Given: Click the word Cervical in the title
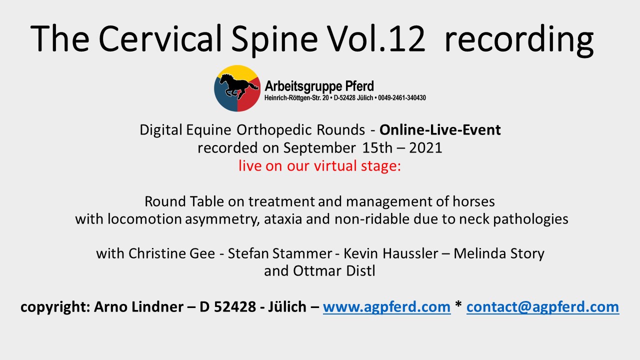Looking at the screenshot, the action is (160, 38).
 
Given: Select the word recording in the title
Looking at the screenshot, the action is (519, 41).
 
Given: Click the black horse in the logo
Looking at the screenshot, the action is (238, 86).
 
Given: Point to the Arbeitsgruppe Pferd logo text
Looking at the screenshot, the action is (319, 86).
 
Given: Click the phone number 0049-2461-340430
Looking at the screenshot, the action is (402, 98).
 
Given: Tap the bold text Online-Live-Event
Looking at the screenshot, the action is (440, 130).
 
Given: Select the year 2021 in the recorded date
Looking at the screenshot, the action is (425, 148).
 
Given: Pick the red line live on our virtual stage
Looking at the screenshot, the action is (319, 166).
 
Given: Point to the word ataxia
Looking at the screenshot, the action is (283, 219).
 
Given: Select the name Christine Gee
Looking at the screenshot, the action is (171, 253).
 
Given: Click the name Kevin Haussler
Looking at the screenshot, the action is (390, 253).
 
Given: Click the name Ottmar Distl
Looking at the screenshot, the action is (334, 271).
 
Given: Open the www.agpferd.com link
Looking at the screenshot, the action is (387, 307).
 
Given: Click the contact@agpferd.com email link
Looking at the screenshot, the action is (543, 307).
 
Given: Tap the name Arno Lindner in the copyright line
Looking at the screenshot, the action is (139, 307).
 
